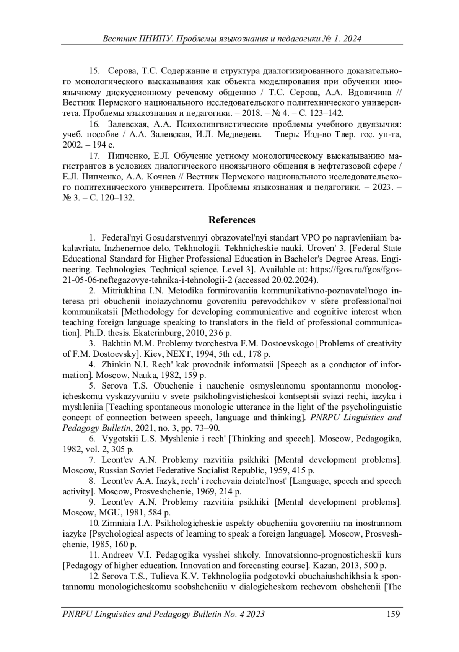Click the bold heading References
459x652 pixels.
tap(231, 220)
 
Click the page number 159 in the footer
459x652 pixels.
tap(393, 614)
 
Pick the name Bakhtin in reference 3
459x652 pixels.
tap(116, 343)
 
